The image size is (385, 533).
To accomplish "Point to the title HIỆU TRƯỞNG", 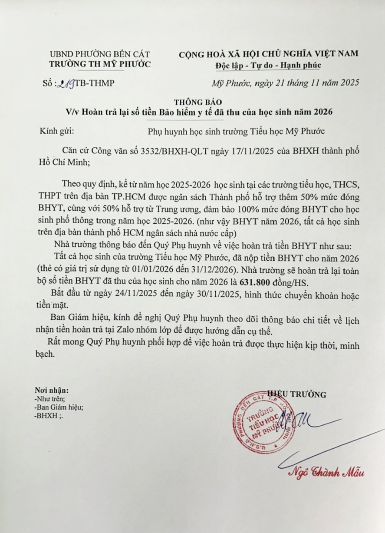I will pos(298,394).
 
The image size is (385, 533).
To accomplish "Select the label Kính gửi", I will pos(54,129).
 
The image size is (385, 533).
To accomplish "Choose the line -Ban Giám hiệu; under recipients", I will pos(60,407).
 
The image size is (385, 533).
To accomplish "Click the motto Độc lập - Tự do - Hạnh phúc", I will pos(268,65).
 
